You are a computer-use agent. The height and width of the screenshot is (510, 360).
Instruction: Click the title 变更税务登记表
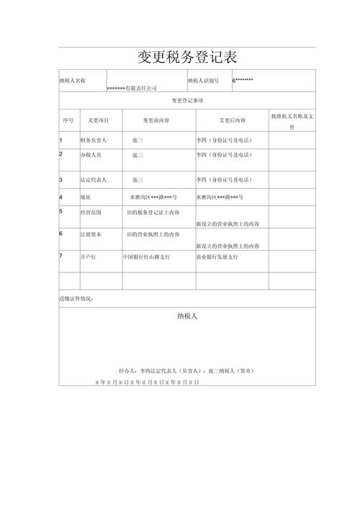187,57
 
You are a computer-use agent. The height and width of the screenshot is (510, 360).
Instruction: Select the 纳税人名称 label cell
73,81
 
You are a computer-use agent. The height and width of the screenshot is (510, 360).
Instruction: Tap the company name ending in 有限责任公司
131,88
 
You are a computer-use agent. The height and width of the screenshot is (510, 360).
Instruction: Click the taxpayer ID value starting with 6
243,80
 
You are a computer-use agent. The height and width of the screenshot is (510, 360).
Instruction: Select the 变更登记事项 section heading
187,101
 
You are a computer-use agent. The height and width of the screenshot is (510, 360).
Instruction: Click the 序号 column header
68,120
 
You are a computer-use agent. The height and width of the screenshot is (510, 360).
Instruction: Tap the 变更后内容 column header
232,120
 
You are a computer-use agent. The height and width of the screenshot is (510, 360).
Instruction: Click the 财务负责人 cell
94,140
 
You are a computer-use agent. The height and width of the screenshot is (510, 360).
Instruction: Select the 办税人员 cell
91,155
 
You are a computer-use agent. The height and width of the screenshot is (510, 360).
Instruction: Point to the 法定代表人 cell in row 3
94,179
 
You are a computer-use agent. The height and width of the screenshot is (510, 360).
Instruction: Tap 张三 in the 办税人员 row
138,155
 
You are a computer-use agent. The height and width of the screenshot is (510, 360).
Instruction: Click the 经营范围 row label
91,212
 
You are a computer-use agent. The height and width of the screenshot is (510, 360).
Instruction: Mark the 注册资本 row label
91,234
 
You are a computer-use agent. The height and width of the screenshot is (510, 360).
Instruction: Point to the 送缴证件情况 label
76,298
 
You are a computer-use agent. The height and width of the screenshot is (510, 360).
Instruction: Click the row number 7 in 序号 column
61,256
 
